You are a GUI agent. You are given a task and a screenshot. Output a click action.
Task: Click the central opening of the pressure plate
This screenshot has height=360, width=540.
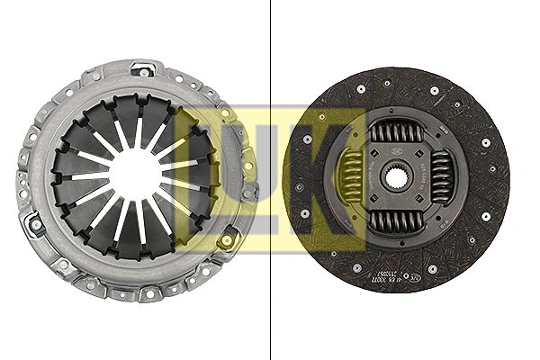pyautogui.click(x=135, y=175)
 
